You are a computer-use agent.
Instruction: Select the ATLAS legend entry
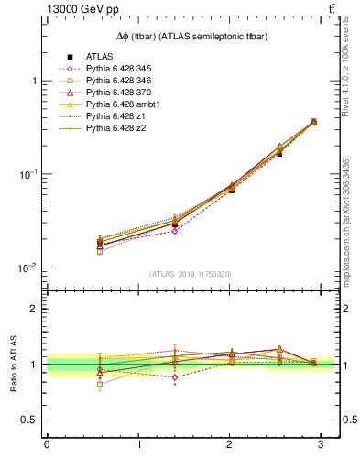[x=101, y=57]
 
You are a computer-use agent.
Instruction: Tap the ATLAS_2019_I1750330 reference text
[x=191, y=274]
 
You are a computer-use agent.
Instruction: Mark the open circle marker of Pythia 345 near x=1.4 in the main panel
[x=175, y=231]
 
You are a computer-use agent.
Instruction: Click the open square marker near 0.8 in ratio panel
[x=74, y=385]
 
